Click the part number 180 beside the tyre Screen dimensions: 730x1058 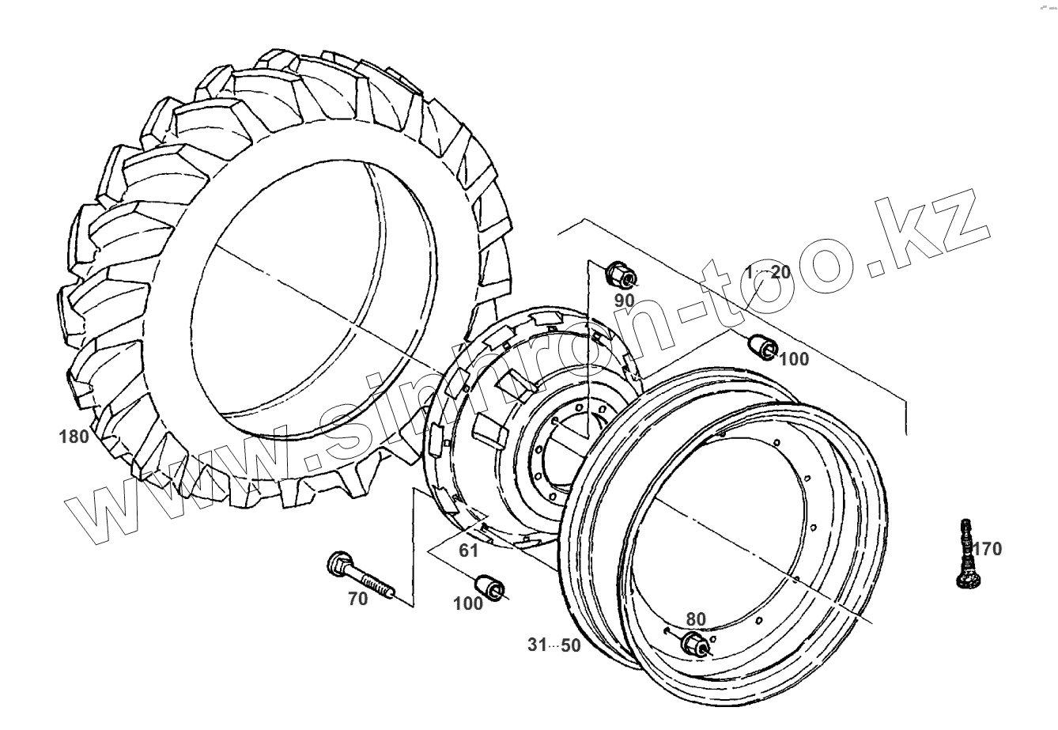pyautogui.click(x=74, y=436)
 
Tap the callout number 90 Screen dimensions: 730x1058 pyautogui.click(x=625, y=301)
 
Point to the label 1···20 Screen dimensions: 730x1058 pyautogui.click(x=767, y=272)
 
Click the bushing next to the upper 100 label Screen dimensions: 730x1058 pyautogui.click(x=762, y=346)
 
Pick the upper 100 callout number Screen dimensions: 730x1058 pyautogui.click(x=794, y=360)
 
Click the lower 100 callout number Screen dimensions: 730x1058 pyautogui.click(x=468, y=603)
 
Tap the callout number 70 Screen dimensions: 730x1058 pyautogui.click(x=358, y=600)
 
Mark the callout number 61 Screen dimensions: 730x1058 pyautogui.click(x=470, y=551)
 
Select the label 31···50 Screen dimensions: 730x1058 pyautogui.click(x=554, y=645)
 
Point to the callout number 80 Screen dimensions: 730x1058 pyautogui.click(x=696, y=619)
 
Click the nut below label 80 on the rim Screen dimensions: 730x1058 pyautogui.click(x=693, y=644)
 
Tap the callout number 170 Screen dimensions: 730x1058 pyautogui.click(x=987, y=548)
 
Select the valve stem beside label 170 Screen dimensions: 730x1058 pyautogui.click(x=965, y=554)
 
